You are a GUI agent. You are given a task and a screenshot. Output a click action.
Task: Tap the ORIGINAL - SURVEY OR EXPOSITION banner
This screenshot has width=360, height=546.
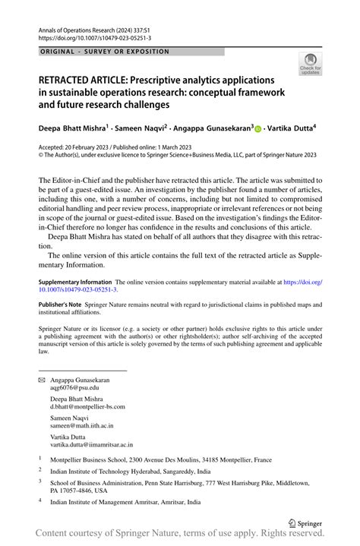pyautogui.click(x=103, y=52)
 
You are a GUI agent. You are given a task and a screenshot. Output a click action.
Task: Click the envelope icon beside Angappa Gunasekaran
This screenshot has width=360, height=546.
pyautogui.click(x=41, y=380)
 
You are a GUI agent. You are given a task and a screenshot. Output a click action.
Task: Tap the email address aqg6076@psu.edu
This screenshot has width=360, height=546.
pyautogui.click(x=74, y=388)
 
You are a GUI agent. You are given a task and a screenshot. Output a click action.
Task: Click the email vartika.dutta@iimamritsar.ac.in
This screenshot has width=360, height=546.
pyautogui.click(x=92, y=445)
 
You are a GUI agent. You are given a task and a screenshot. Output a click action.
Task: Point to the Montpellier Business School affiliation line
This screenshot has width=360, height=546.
pyautogui.click(x=155, y=459)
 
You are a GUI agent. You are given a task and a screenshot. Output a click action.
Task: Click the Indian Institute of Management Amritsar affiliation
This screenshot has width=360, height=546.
pyautogui.click(x=125, y=502)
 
